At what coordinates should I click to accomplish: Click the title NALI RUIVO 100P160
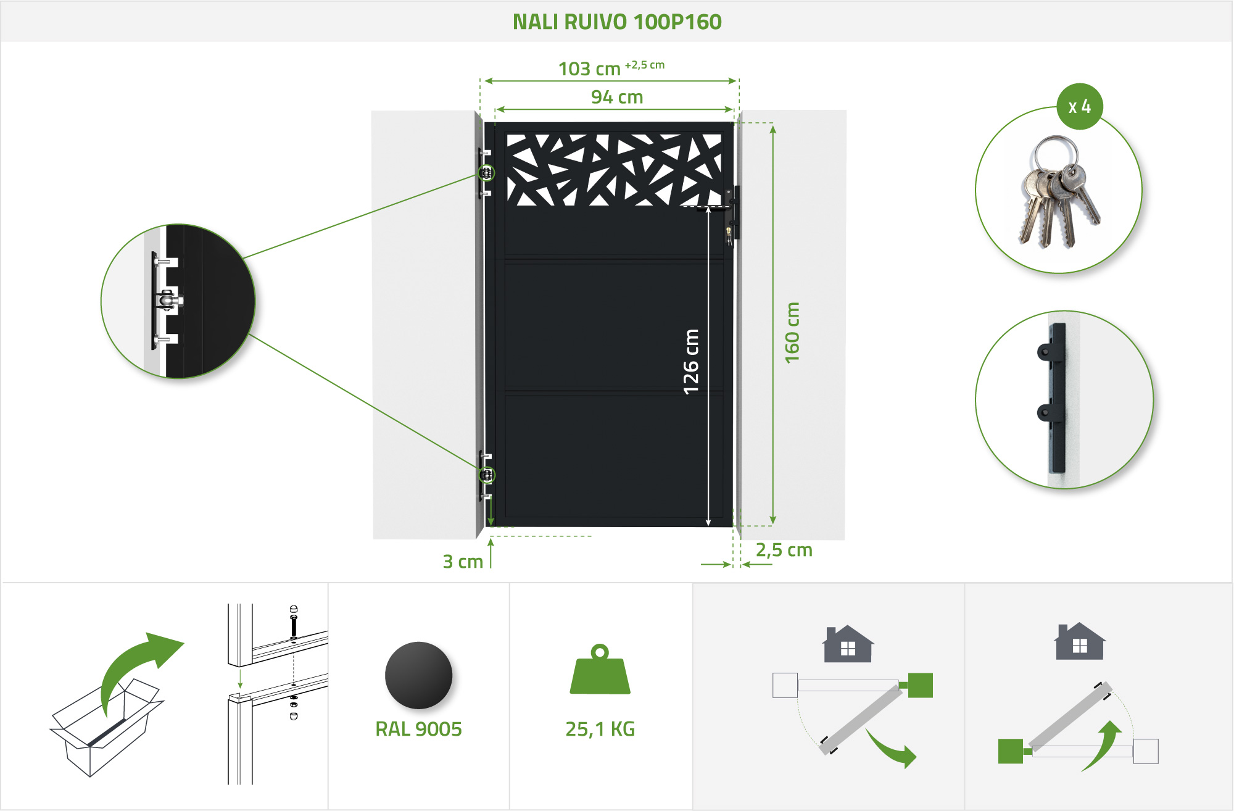click(x=617, y=22)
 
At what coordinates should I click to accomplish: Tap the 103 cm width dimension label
click(x=590, y=69)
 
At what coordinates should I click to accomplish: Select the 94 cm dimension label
click(x=617, y=98)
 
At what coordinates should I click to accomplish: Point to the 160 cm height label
click(x=792, y=333)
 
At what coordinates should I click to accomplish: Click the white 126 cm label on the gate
click(x=691, y=362)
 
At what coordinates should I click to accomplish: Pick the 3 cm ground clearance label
click(x=463, y=562)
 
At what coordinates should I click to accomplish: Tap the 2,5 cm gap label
click(x=784, y=550)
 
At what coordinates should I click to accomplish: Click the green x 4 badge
click(x=1080, y=107)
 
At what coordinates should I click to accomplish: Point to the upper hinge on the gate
click(x=486, y=173)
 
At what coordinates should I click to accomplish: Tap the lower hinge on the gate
click(x=487, y=475)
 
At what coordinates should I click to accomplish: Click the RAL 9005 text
click(x=418, y=729)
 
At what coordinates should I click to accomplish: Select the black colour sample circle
click(x=418, y=675)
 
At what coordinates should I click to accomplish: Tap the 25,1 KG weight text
click(x=600, y=729)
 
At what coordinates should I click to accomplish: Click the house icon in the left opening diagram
click(x=848, y=644)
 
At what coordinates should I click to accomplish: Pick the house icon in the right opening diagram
click(x=1080, y=641)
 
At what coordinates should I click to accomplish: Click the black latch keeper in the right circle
click(x=1055, y=398)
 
